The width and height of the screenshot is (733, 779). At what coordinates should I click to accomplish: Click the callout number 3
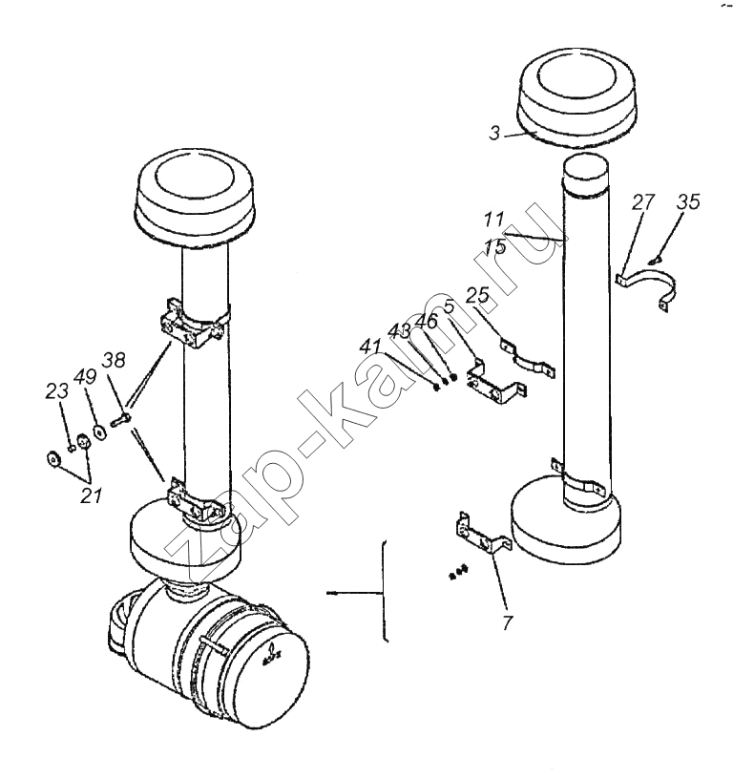coord(494,133)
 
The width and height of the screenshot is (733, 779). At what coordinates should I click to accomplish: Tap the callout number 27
coord(643,202)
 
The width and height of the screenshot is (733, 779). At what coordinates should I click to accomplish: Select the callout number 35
coord(688,201)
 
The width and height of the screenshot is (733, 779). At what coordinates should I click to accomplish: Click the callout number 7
coord(507,622)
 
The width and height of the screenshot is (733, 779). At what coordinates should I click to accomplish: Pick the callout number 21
coord(91,495)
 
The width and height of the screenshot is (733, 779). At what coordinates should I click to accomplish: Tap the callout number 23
coord(56,391)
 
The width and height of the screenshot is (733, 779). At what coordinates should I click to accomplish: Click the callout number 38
coord(114,360)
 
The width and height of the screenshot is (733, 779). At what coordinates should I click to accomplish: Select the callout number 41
coord(370,347)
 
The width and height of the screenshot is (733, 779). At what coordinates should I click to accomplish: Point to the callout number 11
coord(493,220)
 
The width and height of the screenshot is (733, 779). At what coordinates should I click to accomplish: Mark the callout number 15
coord(494,247)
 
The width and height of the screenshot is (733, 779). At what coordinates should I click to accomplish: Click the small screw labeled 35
coord(655,260)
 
